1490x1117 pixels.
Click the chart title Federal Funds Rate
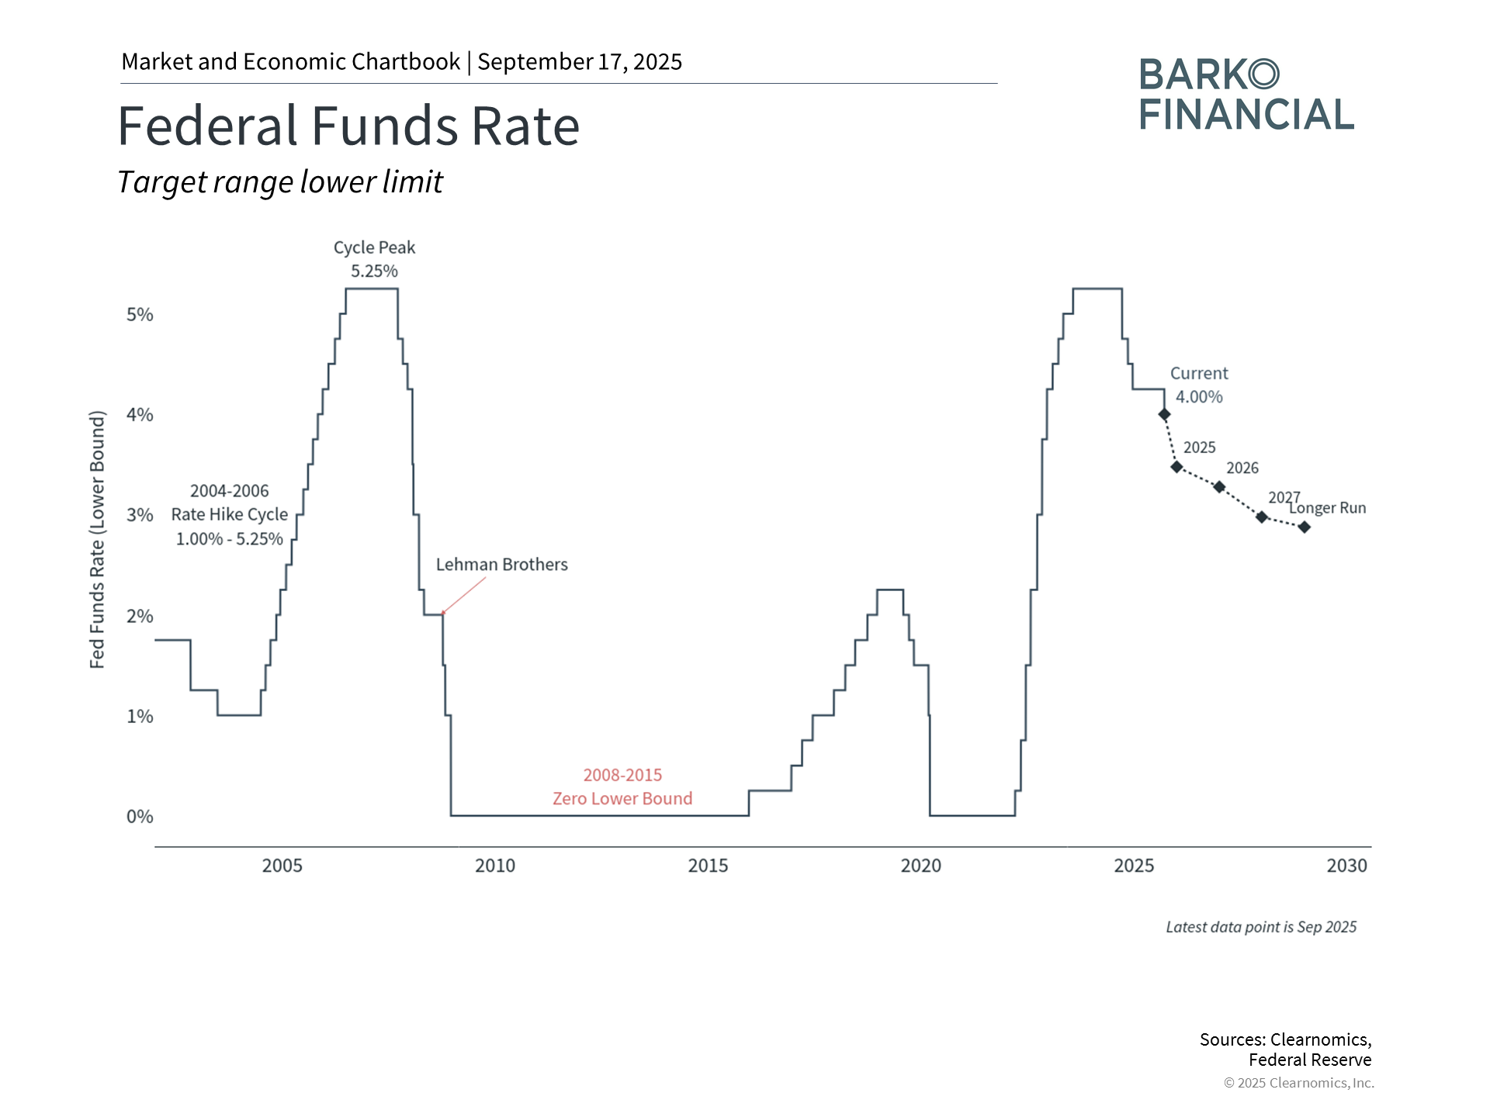point(348,126)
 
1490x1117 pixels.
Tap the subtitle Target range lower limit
point(280,182)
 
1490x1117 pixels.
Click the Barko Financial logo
point(1246,95)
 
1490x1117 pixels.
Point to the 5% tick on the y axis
point(140,315)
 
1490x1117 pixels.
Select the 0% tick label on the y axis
point(140,817)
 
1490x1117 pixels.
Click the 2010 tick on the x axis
point(495,866)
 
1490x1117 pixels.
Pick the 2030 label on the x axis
point(1346,866)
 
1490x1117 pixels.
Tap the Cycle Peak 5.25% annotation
point(374,259)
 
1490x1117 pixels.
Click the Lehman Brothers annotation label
point(501,565)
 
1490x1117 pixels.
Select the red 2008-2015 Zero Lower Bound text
point(622,787)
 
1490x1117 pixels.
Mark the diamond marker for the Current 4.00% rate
point(1164,414)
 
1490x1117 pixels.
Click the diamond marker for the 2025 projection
point(1176,467)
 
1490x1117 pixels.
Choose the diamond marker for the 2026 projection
point(1219,487)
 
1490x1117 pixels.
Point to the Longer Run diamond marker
point(1305,527)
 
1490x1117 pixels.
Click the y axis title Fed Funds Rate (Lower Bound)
point(97,540)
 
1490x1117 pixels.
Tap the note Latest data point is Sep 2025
point(1261,927)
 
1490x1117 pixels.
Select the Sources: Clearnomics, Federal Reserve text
point(1285,1050)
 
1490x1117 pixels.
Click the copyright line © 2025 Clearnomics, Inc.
point(1298,1083)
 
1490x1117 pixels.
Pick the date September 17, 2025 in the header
point(580,62)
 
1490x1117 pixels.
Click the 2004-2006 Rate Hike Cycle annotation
point(230,514)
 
